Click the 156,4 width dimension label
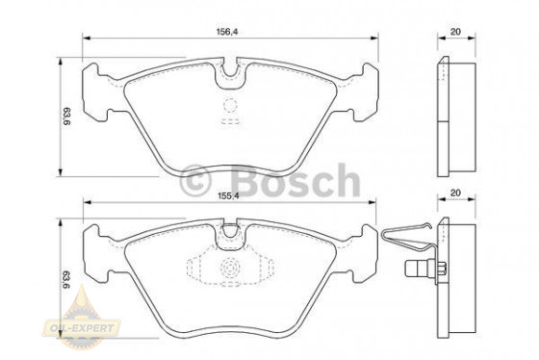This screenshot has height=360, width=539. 227,32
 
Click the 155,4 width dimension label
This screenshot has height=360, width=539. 228,195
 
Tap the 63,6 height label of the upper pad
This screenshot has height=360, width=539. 66,116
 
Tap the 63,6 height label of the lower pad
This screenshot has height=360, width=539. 66,279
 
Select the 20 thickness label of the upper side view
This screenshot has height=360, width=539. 455,32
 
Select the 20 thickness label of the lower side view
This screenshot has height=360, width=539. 455,193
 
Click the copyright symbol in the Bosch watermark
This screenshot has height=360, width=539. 194,181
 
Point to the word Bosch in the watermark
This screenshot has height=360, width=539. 296,181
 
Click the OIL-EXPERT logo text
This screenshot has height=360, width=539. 82,327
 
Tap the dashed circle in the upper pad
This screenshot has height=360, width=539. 230,105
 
